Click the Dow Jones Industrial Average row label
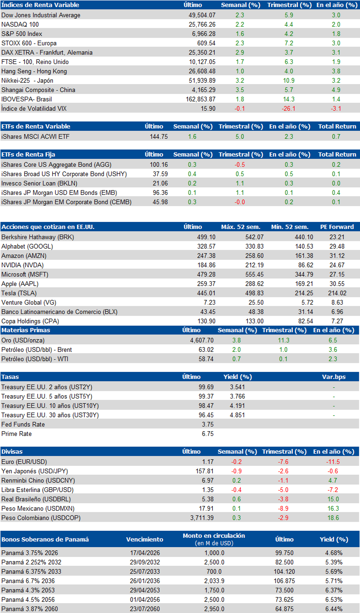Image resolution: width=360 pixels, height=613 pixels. pos(41,15)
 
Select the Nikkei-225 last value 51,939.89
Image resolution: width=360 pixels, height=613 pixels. pos(202,80)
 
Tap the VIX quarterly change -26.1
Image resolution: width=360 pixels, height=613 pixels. pos(288,109)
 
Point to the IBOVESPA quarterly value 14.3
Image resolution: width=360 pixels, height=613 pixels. pos(289,99)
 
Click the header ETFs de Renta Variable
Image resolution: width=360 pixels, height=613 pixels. pos(36,127)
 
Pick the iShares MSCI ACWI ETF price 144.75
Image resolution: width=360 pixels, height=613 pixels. pos(159,136)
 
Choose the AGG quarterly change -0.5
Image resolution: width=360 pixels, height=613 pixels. pos(239,164)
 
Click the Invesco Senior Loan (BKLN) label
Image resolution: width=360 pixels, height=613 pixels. pos(39,183)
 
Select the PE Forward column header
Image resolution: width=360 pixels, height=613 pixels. pos(337,227)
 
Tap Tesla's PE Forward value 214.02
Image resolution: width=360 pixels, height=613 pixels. pos(337,293)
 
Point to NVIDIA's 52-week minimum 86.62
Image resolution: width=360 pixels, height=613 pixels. pos(305,265)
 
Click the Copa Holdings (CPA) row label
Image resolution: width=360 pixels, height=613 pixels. pos(30,321)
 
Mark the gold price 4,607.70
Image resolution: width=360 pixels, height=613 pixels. pos(202,340)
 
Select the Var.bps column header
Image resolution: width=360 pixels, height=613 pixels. pos(334,377)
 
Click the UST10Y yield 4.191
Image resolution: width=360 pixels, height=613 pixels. pos(238,406)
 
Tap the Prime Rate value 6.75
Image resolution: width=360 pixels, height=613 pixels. pos(208,434)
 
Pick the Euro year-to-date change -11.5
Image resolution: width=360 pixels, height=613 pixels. pos(333,462)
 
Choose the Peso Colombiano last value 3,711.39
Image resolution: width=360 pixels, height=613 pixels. pos(202,518)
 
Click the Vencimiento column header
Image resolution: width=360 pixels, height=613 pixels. pos(144,539)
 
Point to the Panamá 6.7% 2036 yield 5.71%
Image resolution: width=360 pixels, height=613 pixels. pos(334,581)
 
